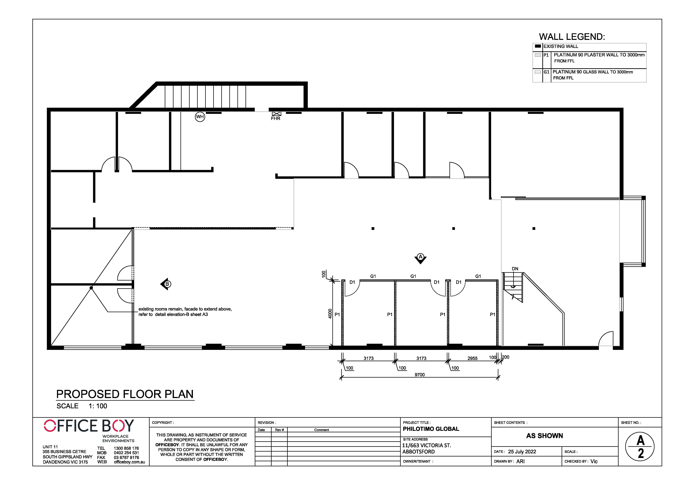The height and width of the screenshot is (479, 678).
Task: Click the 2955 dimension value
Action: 473,358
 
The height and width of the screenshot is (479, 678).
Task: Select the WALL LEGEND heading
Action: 572,37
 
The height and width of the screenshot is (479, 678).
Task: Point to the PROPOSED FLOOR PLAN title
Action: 125,394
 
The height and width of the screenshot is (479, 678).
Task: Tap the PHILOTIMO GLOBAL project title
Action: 431,429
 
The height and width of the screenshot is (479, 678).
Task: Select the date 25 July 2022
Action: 522,452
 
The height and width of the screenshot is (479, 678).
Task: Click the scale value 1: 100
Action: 98,406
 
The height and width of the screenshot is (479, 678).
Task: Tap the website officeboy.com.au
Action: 129,462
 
